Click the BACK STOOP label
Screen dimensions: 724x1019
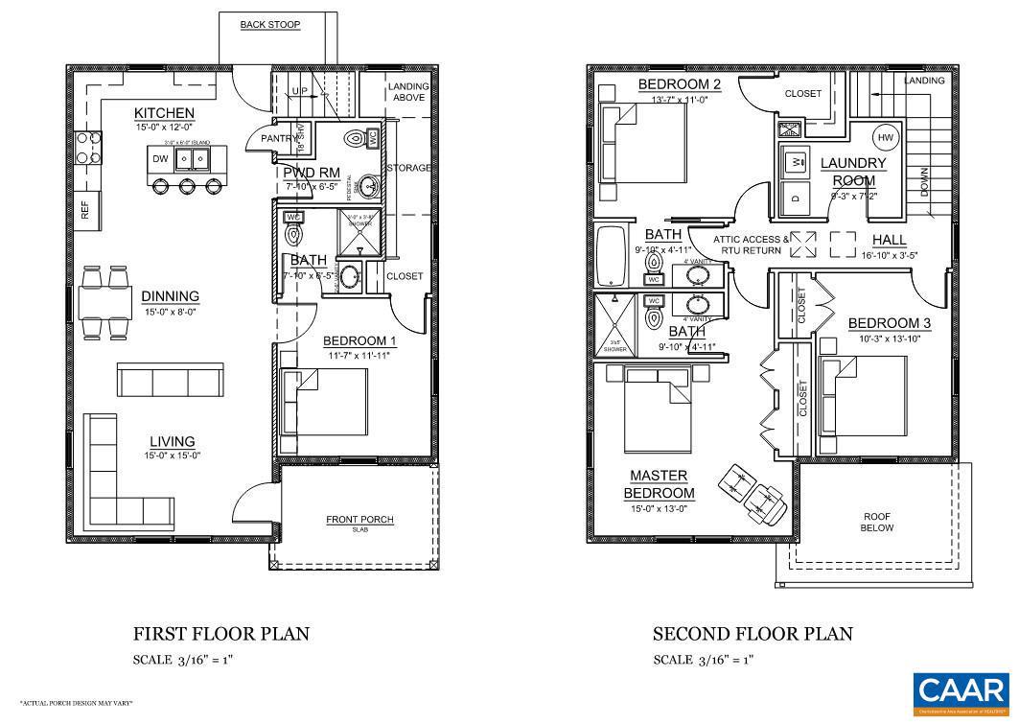(x=269, y=24)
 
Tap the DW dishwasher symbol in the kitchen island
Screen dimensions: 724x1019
(x=159, y=158)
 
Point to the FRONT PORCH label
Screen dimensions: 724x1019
(x=359, y=520)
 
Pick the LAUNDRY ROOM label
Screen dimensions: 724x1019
(x=853, y=172)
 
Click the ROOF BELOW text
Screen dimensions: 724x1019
(x=876, y=521)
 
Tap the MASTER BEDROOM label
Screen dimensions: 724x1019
(x=660, y=484)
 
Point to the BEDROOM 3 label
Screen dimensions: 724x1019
(x=890, y=323)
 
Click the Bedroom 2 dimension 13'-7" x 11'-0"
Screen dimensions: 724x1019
(x=680, y=100)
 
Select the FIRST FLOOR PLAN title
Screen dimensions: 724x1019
(x=220, y=634)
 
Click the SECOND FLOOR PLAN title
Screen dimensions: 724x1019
(x=752, y=634)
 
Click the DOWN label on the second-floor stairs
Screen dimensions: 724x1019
(x=924, y=181)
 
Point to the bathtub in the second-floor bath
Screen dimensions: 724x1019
(x=609, y=256)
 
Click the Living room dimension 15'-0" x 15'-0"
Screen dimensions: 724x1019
(x=172, y=455)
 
